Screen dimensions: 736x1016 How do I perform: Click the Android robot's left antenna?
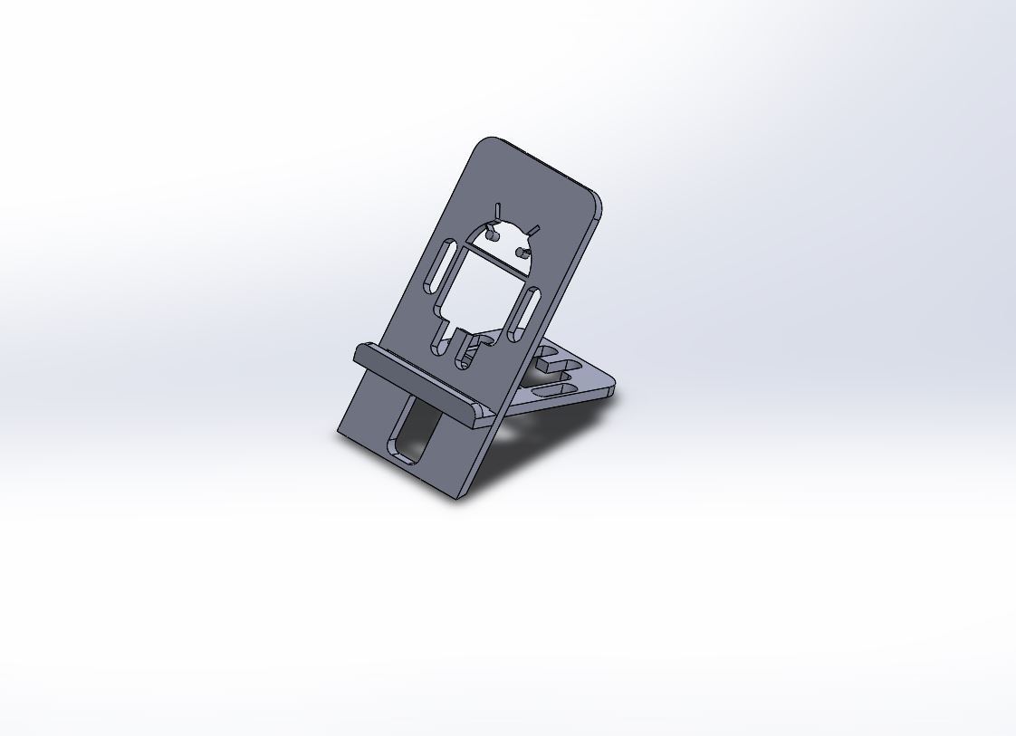tap(496, 212)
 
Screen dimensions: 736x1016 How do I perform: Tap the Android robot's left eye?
tap(493, 234)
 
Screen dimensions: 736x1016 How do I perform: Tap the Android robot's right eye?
tap(521, 251)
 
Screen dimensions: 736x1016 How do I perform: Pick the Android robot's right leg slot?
tap(464, 353)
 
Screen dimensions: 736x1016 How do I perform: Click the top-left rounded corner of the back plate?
tap(487, 142)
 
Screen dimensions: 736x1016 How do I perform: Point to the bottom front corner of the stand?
tap(458, 496)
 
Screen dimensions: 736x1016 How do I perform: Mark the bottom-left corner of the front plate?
tap(340, 432)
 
